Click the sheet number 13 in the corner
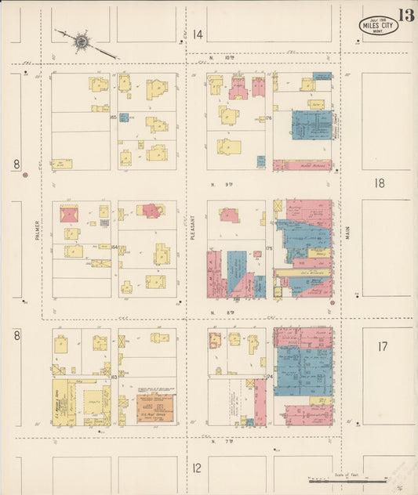tap(405, 15)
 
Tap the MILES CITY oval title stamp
tap(379, 25)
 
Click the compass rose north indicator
tap(82, 39)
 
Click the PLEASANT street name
tap(192, 227)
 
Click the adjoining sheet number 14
tap(198, 34)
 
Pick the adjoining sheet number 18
tap(380, 183)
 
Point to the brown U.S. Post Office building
tap(155, 408)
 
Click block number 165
tap(114, 117)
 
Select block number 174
tap(269, 377)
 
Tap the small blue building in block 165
tap(124, 117)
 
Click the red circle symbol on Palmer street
tap(25, 175)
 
